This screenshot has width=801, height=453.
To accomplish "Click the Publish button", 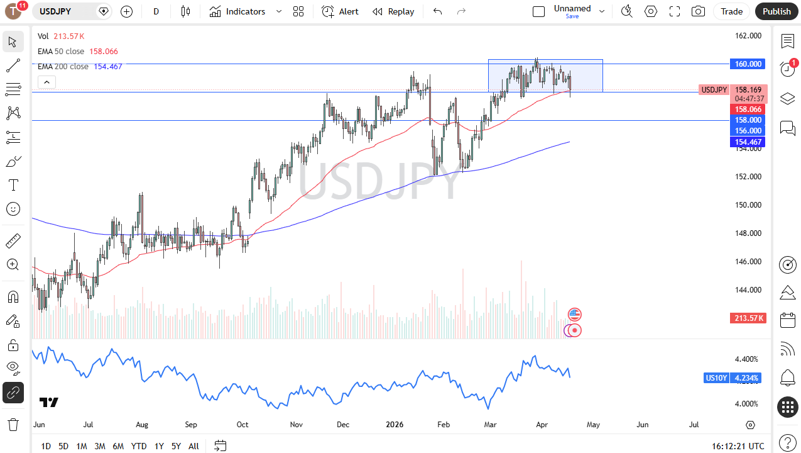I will pyautogui.click(x=776, y=11).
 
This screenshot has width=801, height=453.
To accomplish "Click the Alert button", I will pyautogui.click(x=341, y=11).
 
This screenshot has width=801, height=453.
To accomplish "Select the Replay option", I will pyautogui.click(x=393, y=11).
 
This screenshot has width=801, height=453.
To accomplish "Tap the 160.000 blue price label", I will pyautogui.click(x=748, y=64).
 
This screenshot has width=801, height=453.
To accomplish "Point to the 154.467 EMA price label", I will pyautogui.click(x=748, y=142).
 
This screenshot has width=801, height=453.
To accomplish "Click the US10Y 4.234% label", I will pyautogui.click(x=733, y=378).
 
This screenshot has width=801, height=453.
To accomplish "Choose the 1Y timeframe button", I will pyautogui.click(x=159, y=446).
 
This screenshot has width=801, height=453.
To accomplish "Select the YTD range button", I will pyautogui.click(x=139, y=446).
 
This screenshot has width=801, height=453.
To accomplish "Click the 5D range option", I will pyautogui.click(x=63, y=446).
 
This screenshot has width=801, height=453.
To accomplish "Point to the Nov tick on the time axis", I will pyautogui.click(x=297, y=425).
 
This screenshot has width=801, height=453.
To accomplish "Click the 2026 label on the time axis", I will pyautogui.click(x=395, y=425).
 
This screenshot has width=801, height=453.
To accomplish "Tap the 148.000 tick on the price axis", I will pyautogui.click(x=748, y=233).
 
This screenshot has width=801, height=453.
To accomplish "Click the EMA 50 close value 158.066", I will pyautogui.click(x=104, y=52).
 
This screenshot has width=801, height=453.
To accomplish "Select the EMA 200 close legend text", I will pyautogui.click(x=63, y=67).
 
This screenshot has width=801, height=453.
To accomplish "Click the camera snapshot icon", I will pyautogui.click(x=698, y=11).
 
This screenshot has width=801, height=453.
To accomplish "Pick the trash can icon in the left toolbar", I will pyautogui.click(x=13, y=424).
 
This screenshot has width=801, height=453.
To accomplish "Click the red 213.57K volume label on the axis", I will pyautogui.click(x=748, y=318).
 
